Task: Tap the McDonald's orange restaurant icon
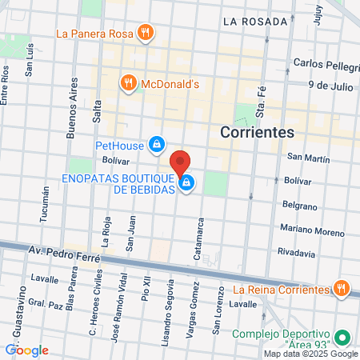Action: point(127,82)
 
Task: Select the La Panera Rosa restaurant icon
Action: point(144,33)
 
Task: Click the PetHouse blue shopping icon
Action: point(157,144)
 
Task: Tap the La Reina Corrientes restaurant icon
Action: point(341,288)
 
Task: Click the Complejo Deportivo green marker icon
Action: point(342,338)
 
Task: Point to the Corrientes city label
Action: point(257,131)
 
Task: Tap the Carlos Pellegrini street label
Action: point(325,63)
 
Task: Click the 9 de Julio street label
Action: point(330,83)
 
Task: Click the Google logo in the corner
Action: point(26,350)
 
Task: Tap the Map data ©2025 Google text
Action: point(311,354)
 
